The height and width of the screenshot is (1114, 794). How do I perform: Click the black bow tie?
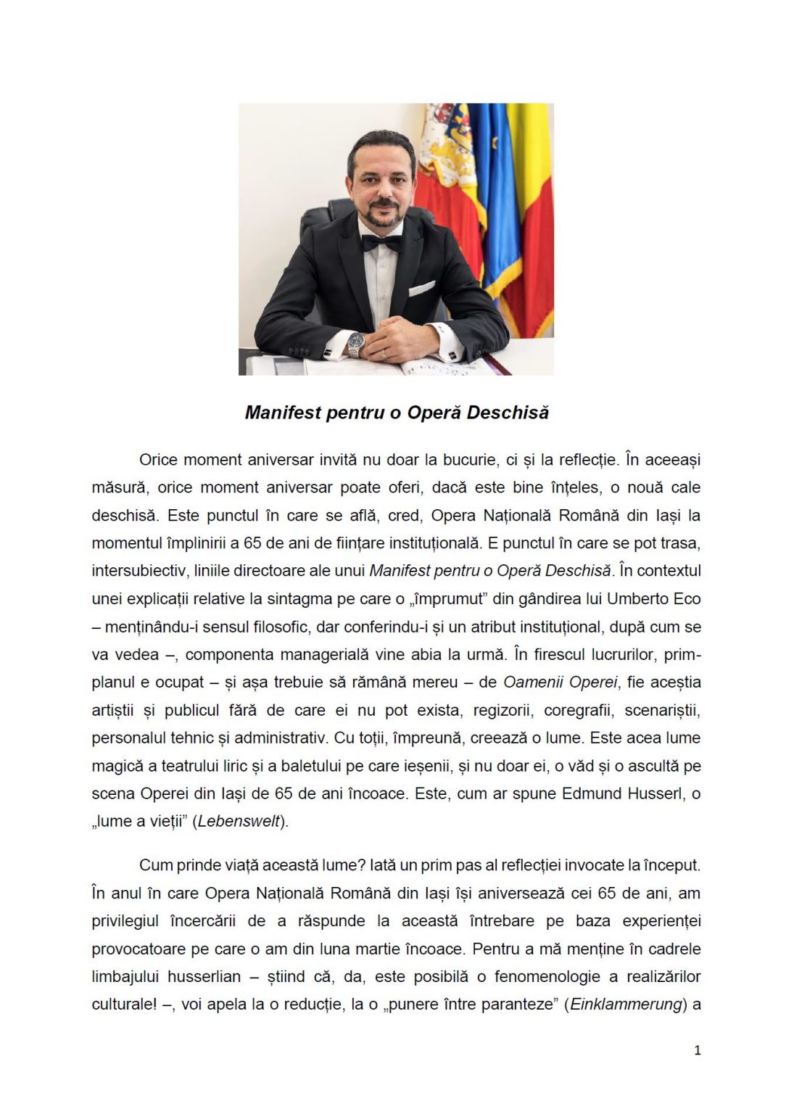pyautogui.click(x=381, y=243)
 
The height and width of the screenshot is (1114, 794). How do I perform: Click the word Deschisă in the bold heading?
pyautogui.click(x=508, y=413)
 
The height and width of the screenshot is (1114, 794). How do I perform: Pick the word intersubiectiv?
pyautogui.click(x=138, y=571)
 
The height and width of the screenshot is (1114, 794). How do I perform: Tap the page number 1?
pyautogui.click(x=698, y=1050)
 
